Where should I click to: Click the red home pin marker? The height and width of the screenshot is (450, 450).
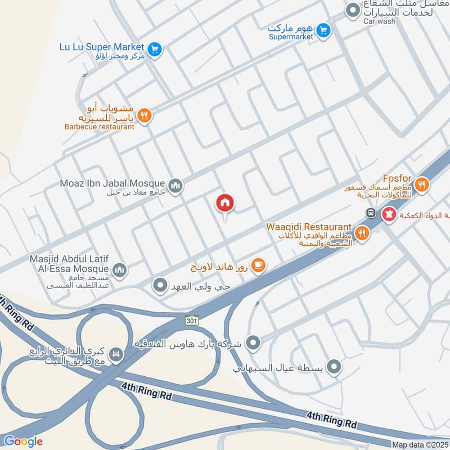pos(225,203)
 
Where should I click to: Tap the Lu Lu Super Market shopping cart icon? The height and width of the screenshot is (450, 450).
pos(156,49)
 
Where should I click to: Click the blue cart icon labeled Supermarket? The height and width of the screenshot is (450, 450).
pos(322,30)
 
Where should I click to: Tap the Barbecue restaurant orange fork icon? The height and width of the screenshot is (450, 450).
pos(145,116)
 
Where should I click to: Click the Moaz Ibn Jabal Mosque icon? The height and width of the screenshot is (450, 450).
pos(175,185)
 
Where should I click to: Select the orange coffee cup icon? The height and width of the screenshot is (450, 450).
pos(258,265)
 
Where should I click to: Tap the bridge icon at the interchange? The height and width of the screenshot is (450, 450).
pos(117,355)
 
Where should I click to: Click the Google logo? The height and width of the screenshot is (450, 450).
pos(23,442)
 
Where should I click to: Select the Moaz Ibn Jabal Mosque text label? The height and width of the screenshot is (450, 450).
pos(112,183)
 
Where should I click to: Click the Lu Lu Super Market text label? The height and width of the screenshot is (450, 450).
pos(102,47)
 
